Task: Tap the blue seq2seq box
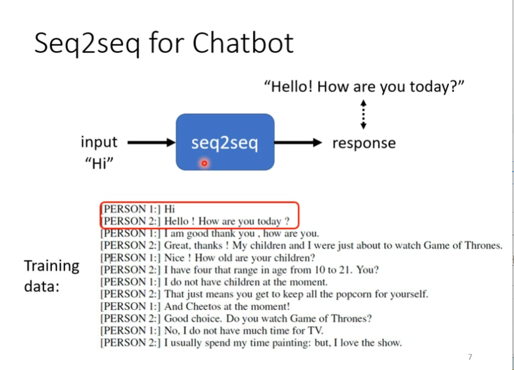tap(224, 142)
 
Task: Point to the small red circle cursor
tap(204, 163)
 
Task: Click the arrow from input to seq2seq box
tap(151, 143)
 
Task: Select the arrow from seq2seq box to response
tap(298, 143)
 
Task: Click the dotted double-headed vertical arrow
tap(363, 114)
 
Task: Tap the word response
tap(363, 143)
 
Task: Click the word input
tap(99, 142)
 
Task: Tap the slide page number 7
tap(470, 357)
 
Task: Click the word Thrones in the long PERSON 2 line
tap(483, 246)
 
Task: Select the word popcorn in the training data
tap(343, 295)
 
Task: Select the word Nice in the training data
tap(174, 258)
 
